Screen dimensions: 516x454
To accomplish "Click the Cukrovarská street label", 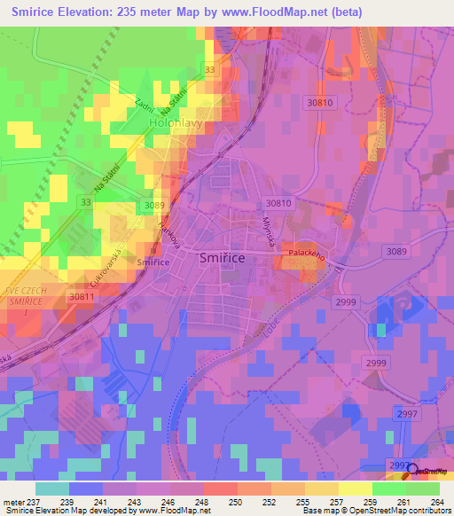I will coord(104,259).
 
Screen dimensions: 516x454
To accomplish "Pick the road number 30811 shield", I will coord(82,297).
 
